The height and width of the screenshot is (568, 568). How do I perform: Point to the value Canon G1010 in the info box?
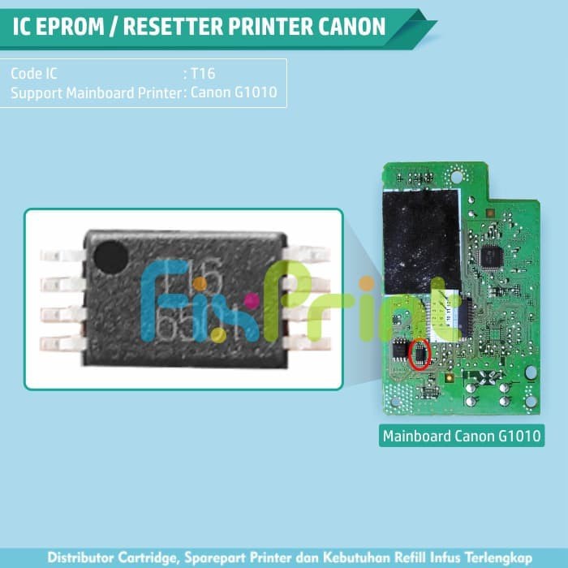(234, 92)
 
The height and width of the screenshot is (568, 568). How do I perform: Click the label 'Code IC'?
(34, 73)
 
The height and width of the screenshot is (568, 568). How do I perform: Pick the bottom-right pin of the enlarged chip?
(308, 342)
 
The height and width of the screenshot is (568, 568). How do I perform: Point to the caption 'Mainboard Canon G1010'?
(463, 437)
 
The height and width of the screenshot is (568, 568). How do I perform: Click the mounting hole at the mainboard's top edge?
(456, 176)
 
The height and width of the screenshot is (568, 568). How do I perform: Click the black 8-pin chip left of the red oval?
(400, 349)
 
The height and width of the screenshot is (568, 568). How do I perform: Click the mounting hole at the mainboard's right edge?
(531, 372)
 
